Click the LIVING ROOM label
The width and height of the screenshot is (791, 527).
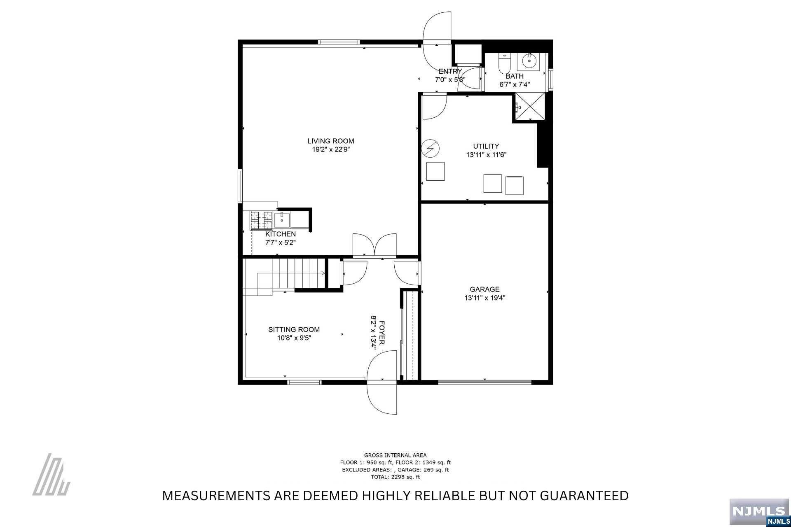click(330, 141)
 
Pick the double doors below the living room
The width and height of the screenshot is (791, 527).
click(374, 245)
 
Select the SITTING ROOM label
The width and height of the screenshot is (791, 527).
click(294, 329)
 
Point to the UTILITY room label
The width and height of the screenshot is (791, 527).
click(486, 146)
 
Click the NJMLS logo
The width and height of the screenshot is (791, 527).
click(760, 511)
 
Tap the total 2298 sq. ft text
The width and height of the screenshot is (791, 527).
click(395, 477)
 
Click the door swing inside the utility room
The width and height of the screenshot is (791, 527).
click(433, 107)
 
